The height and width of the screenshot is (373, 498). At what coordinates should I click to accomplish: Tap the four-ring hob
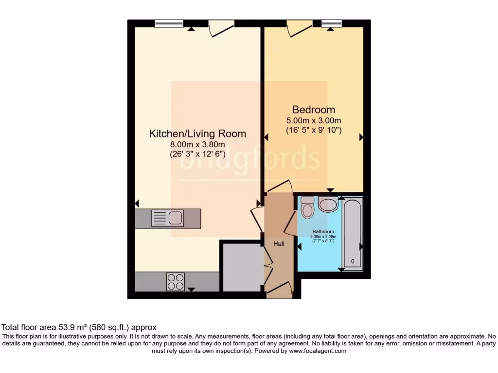(176, 281)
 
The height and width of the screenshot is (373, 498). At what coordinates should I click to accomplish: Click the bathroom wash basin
(328, 204)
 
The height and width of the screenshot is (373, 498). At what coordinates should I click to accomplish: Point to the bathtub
(353, 234)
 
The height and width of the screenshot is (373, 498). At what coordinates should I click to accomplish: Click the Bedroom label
(313, 110)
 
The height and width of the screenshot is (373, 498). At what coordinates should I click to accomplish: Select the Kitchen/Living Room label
(197, 134)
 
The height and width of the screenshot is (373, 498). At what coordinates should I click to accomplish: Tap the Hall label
(279, 244)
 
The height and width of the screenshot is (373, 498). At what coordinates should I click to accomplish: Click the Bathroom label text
(323, 231)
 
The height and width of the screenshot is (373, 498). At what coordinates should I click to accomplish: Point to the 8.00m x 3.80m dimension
(197, 144)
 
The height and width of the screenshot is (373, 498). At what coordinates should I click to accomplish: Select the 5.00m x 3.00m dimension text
(314, 120)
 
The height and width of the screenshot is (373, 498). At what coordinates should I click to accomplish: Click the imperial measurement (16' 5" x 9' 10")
(314, 130)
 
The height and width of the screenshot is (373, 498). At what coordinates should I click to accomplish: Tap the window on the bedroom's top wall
(332, 23)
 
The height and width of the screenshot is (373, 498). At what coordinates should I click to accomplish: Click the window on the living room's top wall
(169, 23)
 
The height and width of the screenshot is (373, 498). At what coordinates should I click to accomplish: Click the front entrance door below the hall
(279, 291)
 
